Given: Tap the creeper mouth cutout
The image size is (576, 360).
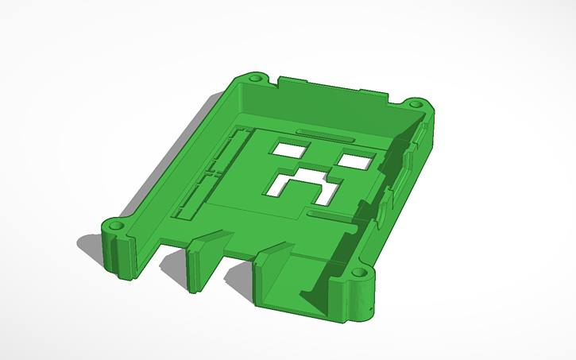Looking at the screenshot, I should [302, 186].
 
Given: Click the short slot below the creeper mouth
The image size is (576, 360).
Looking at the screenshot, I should [327, 215].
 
